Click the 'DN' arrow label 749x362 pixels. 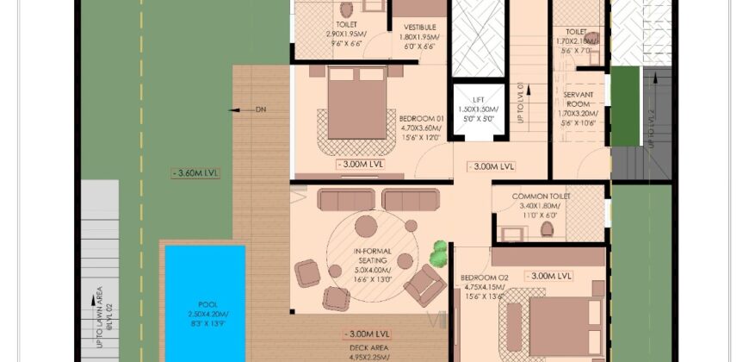[x=261, y=109]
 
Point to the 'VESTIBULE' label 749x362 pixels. [x=419, y=27]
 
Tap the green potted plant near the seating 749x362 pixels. [x=439, y=252]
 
